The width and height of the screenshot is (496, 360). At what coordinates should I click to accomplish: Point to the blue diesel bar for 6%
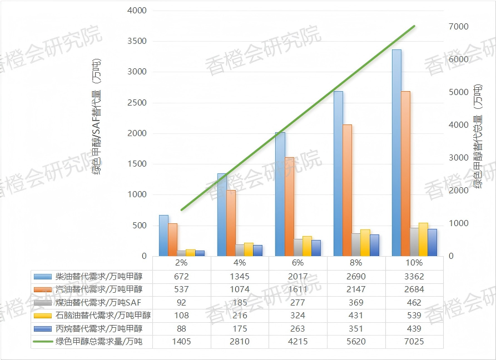click(x=280, y=194)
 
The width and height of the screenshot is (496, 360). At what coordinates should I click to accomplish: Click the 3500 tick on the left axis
click(x=137, y=42)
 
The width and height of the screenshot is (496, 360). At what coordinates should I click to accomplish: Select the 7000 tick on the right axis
click(x=458, y=27)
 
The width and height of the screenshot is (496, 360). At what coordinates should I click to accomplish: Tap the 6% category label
click(x=297, y=263)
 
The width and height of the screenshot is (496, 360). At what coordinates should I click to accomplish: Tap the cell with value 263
click(x=297, y=328)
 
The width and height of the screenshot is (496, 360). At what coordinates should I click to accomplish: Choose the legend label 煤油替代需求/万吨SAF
click(x=97, y=302)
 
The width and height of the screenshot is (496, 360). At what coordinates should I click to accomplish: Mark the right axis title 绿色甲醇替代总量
click(x=478, y=137)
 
